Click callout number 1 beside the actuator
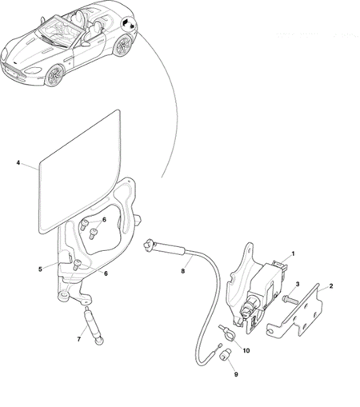[x=293, y=253]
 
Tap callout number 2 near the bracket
[x=331, y=286]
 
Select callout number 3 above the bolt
[x=298, y=284]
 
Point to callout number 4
[x=18, y=162]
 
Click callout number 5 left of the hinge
[x=40, y=269]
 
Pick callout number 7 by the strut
[x=79, y=339]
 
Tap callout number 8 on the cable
[x=183, y=271]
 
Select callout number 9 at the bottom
[x=236, y=374]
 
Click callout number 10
[x=246, y=350]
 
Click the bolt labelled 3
[x=290, y=300]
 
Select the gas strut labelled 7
[x=94, y=325]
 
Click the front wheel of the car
[x=54, y=75]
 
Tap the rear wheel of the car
[x=122, y=46]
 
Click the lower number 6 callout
[x=106, y=273]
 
